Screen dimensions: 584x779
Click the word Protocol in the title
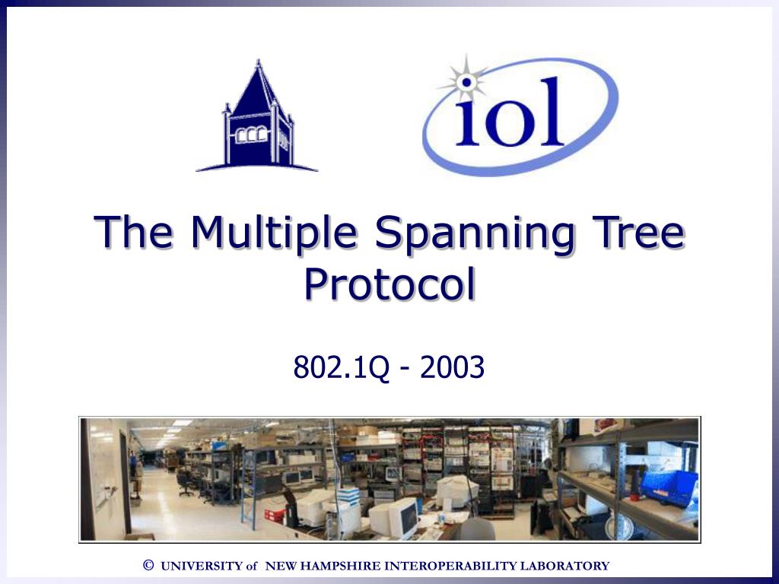click(x=389, y=284)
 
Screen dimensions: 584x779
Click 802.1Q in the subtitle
click(x=342, y=368)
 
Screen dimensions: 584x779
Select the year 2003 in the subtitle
click(x=451, y=368)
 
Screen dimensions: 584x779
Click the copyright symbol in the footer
click(x=148, y=565)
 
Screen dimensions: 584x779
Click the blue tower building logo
click(x=258, y=122)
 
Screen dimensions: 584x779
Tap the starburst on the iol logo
click(x=466, y=79)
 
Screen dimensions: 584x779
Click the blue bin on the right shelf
click(x=669, y=487)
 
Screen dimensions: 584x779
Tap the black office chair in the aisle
click(x=186, y=482)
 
